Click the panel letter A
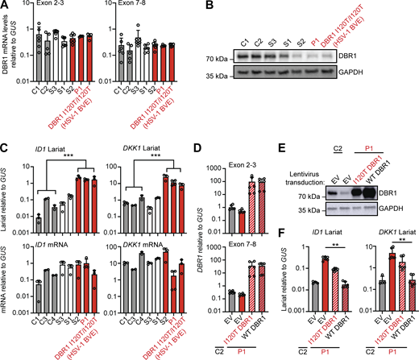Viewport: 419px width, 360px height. (x=6, y=7)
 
